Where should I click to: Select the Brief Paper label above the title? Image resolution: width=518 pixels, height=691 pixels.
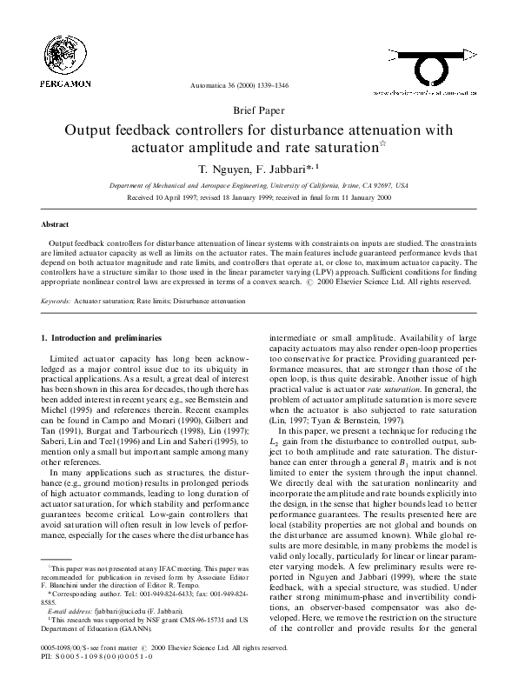(x=257, y=111)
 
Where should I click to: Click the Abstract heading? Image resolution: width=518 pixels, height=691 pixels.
(x=56, y=223)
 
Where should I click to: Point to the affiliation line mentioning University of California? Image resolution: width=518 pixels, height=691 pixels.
(x=258, y=186)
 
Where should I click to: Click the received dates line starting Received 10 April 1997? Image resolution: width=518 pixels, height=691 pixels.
(x=258, y=198)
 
